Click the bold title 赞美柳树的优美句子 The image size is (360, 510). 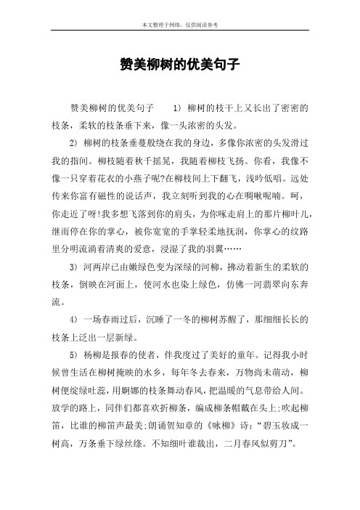(179, 64)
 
